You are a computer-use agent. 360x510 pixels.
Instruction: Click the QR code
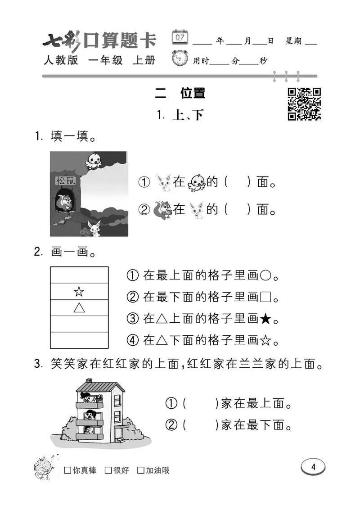[x=304, y=104]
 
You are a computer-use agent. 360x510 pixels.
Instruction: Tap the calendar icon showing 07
[x=180, y=37]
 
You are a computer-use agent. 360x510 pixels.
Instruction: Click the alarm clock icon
[x=180, y=59]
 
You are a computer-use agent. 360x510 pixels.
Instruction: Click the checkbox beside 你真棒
[x=67, y=470]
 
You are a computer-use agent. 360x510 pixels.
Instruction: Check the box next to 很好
[x=108, y=470]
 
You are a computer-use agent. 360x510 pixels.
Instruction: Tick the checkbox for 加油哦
[x=141, y=470]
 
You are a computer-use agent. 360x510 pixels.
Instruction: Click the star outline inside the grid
[x=79, y=292]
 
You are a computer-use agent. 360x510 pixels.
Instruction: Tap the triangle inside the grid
[x=79, y=308]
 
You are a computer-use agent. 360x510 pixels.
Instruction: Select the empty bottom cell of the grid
[x=79, y=340]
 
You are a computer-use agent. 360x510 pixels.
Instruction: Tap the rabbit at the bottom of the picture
[x=94, y=228]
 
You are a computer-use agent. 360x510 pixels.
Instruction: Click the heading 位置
[x=193, y=93]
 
